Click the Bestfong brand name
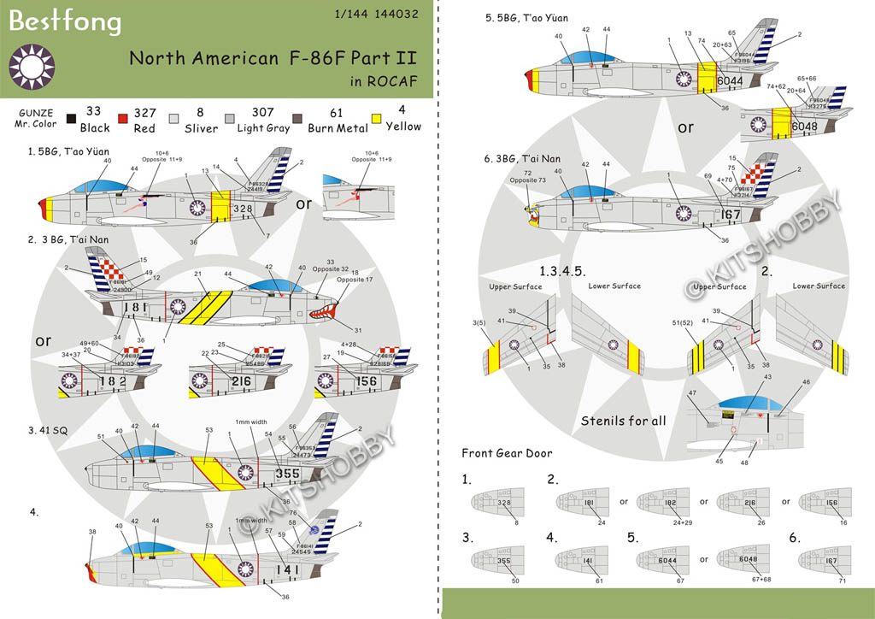tap(65, 22)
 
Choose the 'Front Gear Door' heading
tap(507, 453)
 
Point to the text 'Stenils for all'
tap(624, 422)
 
